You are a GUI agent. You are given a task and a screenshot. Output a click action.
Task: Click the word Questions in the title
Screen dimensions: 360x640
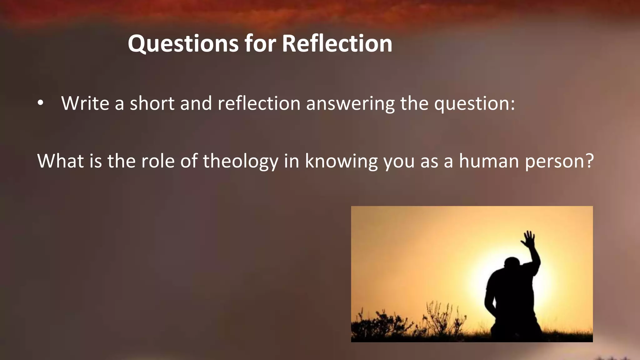tap(183, 44)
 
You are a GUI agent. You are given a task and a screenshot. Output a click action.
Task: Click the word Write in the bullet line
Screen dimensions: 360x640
tap(85, 103)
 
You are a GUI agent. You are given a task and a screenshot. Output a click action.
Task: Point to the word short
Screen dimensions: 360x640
tap(152, 103)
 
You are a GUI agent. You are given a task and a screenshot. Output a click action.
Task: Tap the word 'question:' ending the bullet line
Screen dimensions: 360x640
tap(474, 104)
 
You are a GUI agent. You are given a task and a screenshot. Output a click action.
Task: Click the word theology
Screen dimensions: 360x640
tap(240, 161)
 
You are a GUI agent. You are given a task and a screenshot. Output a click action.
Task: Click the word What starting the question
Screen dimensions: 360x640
tap(61, 161)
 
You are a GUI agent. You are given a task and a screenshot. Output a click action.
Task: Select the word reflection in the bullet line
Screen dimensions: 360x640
tap(259, 103)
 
